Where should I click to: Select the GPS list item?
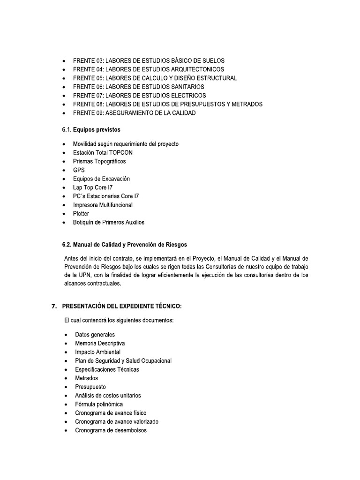click(78, 170)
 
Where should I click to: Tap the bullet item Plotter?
click(81, 214)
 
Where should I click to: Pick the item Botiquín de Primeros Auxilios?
click(109, 222)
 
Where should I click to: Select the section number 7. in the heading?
click(54, 306)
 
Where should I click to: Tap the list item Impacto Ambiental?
click(97, 352)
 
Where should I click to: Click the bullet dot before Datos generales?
click(64, 335)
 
